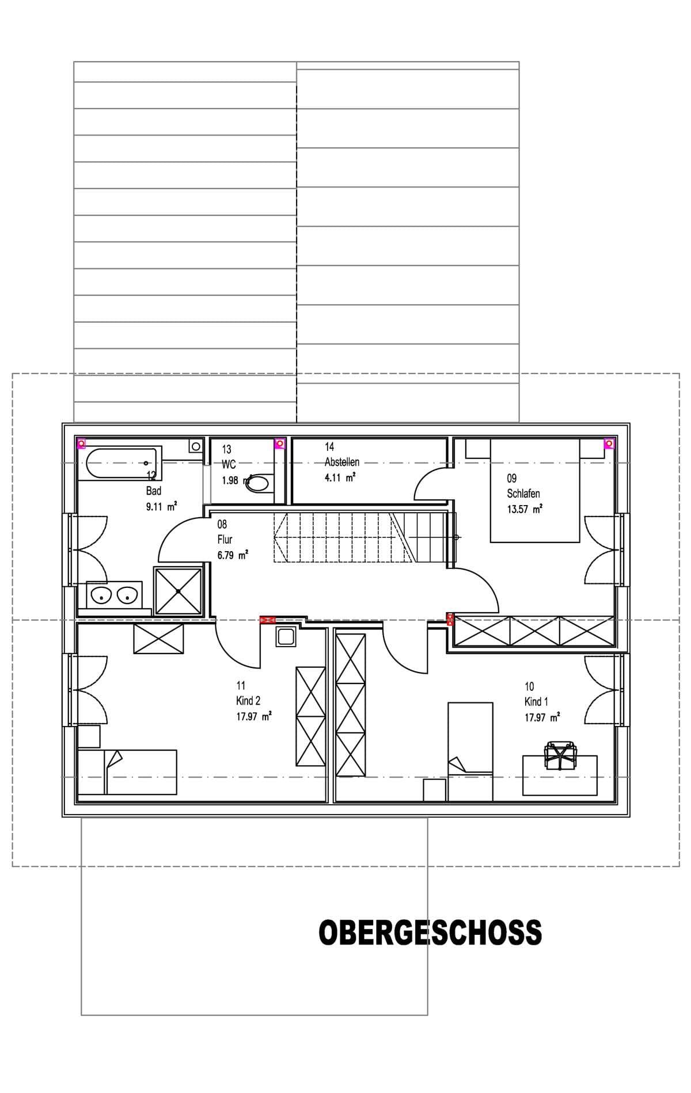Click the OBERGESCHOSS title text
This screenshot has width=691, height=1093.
click(x=430, y=933)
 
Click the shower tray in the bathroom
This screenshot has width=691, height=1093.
click(x=179, y=590)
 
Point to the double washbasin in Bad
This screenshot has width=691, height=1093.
click(x=114, y=595)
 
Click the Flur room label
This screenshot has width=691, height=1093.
click(x=225, y=540)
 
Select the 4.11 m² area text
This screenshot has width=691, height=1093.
click(x=340, y=477)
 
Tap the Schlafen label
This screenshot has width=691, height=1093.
click(x=523, y=494)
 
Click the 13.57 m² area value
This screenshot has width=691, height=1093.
click(x=524, y=509)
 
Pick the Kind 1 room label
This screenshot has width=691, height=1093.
click(x=536, y=702)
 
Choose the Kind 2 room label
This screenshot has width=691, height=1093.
click(x=248, y=701)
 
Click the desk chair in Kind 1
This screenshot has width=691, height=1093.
click(x=560, y=754)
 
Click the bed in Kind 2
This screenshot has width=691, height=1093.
click(x=127, y=771)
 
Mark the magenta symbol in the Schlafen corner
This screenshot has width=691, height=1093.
click(x=609, y=443)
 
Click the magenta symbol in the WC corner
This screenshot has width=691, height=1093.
click(x=280, y=443)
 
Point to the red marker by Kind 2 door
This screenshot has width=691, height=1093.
click(x=268, y=620)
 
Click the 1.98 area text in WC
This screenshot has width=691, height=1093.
click(x=230, y=480)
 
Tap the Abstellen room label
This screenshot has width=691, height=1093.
click(x=342, y=462)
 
